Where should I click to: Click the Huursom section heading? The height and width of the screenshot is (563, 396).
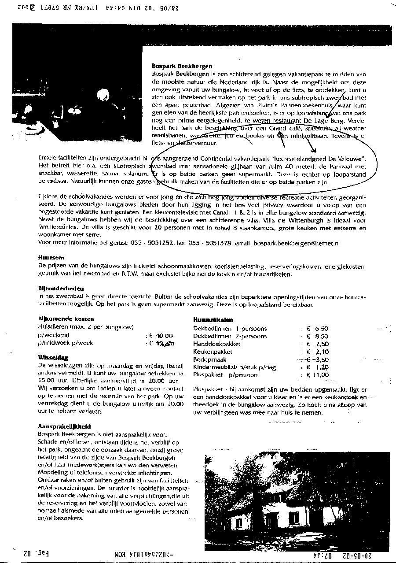pos(51,257)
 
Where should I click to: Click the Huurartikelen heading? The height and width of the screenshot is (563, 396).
pos(213,320)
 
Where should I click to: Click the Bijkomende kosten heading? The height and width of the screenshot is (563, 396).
pos(66,319)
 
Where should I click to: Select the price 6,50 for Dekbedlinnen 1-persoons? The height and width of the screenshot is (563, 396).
pos(322,329)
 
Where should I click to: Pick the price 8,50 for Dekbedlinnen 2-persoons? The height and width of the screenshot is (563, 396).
pos(322,336)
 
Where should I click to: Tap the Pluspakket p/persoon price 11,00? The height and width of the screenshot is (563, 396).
pos(320,375)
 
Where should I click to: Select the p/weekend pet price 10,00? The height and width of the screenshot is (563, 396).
pos(163,335)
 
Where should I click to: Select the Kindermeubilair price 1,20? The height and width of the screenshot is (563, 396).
pos(322,367)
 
